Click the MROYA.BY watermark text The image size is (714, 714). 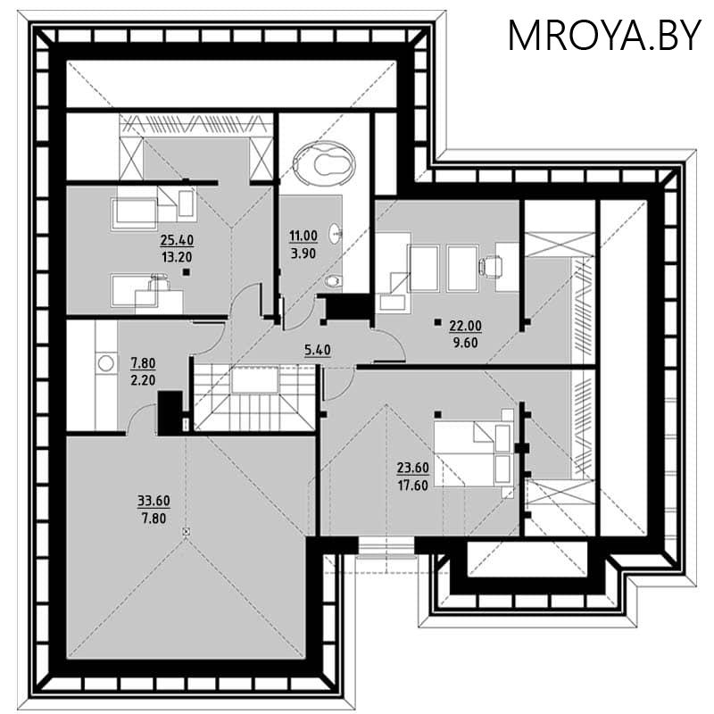click(x=604, y=36)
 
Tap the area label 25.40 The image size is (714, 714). click(x=177, y=239)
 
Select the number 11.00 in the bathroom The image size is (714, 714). click(x=303, y=236)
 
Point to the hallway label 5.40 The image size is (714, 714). click(x=318, y=350)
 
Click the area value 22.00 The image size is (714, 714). click(x=465, y=326)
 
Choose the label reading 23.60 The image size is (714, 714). click(x=412, y=468)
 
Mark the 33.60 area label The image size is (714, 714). click(x=154, y=501)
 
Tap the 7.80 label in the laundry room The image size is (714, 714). click(x=143, y=363)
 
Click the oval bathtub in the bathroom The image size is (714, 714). click(x=324, y=162)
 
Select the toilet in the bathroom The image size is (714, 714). click(x=334, y=282)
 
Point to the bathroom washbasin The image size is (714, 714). click(x=336, y=233)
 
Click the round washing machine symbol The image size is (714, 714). click(x=106, y=363)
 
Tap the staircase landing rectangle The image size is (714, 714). click(x=254, y=379)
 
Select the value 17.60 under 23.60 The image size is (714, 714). click(x=412, y=486)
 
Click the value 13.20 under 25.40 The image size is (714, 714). click(x=177, y=257)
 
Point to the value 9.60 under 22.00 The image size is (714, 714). click(x=465, y=343)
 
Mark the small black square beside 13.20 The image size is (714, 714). click(x=186, y=272)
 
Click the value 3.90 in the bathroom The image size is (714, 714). click(x=303, y=253)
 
